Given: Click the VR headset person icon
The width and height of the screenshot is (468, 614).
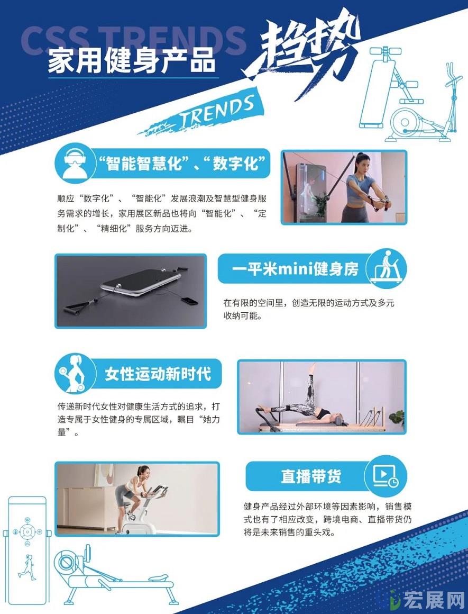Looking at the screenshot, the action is pos(75,163).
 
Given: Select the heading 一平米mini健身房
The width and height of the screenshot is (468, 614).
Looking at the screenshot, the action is pos(295,269).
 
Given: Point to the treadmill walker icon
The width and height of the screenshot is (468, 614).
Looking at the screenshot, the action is pos(386,268).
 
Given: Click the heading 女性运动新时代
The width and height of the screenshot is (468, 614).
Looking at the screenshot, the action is pos(158,374).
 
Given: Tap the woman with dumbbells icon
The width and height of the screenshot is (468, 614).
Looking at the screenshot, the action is pos(74,374).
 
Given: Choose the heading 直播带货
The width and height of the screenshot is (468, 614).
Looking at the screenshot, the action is pos(311,476).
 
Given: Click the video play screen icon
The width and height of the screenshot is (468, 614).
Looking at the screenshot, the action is pos(385,476).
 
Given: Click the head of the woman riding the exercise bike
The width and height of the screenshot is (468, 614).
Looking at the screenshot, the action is pos(144,473).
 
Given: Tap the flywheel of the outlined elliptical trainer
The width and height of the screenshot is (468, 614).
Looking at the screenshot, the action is pos(406,121).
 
